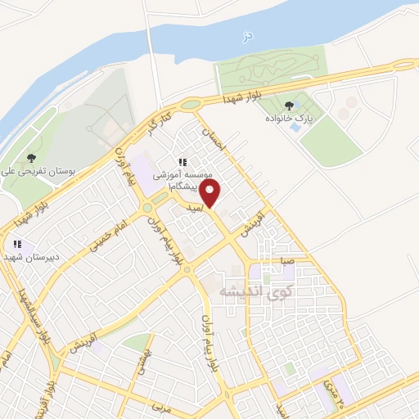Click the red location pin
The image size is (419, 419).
[211, 194]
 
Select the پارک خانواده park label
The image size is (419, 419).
[289, 119]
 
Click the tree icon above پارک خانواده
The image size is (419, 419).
[289, 105]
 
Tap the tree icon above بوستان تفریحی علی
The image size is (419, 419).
[31, 158]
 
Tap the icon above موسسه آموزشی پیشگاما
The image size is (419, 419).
[183, 162]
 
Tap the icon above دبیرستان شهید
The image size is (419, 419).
[16, 243]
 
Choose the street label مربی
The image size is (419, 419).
[160, 405]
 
